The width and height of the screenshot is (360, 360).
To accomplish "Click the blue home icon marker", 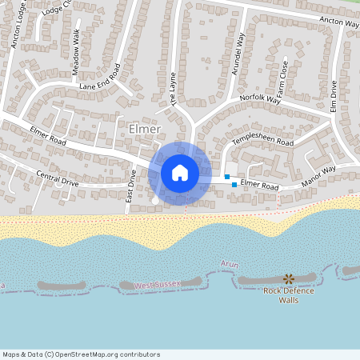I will click(x=180, y=172).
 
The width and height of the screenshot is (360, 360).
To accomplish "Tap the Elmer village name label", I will click(x=145, y=129).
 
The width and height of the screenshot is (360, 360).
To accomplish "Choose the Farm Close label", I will click(x=285, y=76).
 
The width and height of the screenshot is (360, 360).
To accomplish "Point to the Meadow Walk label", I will click(x=76, y=53).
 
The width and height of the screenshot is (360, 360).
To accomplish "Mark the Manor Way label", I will click(x=318, y=178).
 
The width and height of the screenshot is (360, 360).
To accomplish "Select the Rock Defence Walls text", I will click(x=289, y=295).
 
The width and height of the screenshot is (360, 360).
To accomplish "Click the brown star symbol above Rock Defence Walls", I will click(x=288, y=278).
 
